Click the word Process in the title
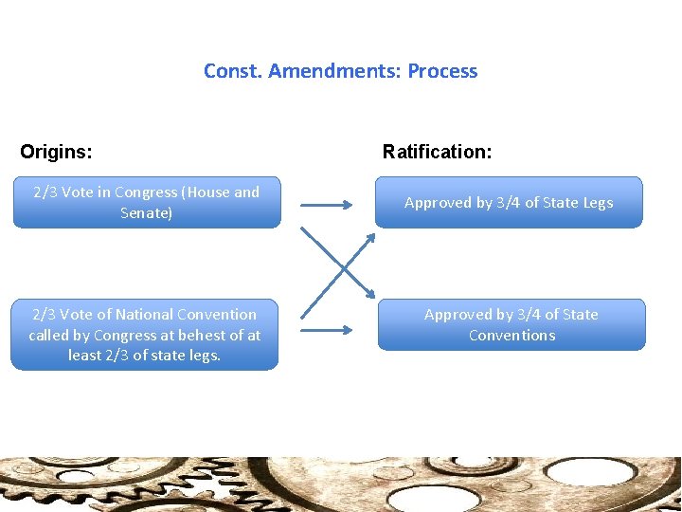tap(442, 71)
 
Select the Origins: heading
tap(56, 152)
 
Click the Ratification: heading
tap(437, 152)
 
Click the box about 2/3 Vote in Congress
tap(147, 202)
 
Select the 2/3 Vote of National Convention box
tap(145, 335)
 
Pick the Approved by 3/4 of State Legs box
tap(509, 202)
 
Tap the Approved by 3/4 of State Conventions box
tap(511, 324)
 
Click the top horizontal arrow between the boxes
tap(328, 202)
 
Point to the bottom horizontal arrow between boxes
tap(328, 330)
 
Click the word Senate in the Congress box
tap(144, 213)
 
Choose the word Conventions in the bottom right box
tap(511, 336)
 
